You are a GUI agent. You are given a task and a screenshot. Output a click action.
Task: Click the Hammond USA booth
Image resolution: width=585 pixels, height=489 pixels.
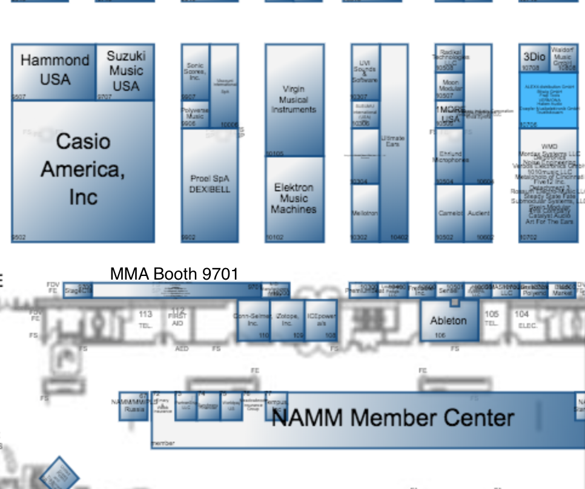click(54, 71)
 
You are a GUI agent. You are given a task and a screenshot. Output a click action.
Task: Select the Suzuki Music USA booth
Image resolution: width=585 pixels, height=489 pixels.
click(125, 71)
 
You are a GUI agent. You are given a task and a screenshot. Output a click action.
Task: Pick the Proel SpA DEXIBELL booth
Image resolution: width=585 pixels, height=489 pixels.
click(210, 184)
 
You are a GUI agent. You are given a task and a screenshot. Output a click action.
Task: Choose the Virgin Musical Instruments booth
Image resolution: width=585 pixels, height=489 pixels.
click(294, 100)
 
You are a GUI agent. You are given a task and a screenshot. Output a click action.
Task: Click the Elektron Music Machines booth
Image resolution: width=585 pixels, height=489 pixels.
click(294, 199)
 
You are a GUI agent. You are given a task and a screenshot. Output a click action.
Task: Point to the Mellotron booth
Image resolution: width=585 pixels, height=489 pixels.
click(365, 213)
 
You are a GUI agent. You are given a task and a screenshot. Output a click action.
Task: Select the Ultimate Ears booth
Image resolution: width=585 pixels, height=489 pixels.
click(393, 142)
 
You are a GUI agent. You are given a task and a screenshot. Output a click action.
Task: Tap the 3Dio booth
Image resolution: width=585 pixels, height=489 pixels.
click(534, 58)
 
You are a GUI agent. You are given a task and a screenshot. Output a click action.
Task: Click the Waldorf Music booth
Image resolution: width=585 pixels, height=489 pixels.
click(563, 58)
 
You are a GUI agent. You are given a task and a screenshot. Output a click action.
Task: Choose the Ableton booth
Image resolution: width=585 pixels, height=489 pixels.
click(449, 320)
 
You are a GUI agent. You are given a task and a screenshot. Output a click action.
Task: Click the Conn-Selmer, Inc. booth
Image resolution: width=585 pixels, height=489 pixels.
click(253, 320)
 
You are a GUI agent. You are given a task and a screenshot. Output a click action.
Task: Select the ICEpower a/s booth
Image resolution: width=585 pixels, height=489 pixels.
click(321, 320)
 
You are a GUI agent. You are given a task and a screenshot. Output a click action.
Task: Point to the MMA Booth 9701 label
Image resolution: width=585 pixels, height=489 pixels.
click(174, 274)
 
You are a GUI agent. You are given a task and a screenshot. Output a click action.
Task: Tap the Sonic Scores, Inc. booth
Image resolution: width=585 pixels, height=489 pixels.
click(195, 71)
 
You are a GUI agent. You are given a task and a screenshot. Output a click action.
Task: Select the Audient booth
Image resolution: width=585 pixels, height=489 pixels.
click(478, 213)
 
